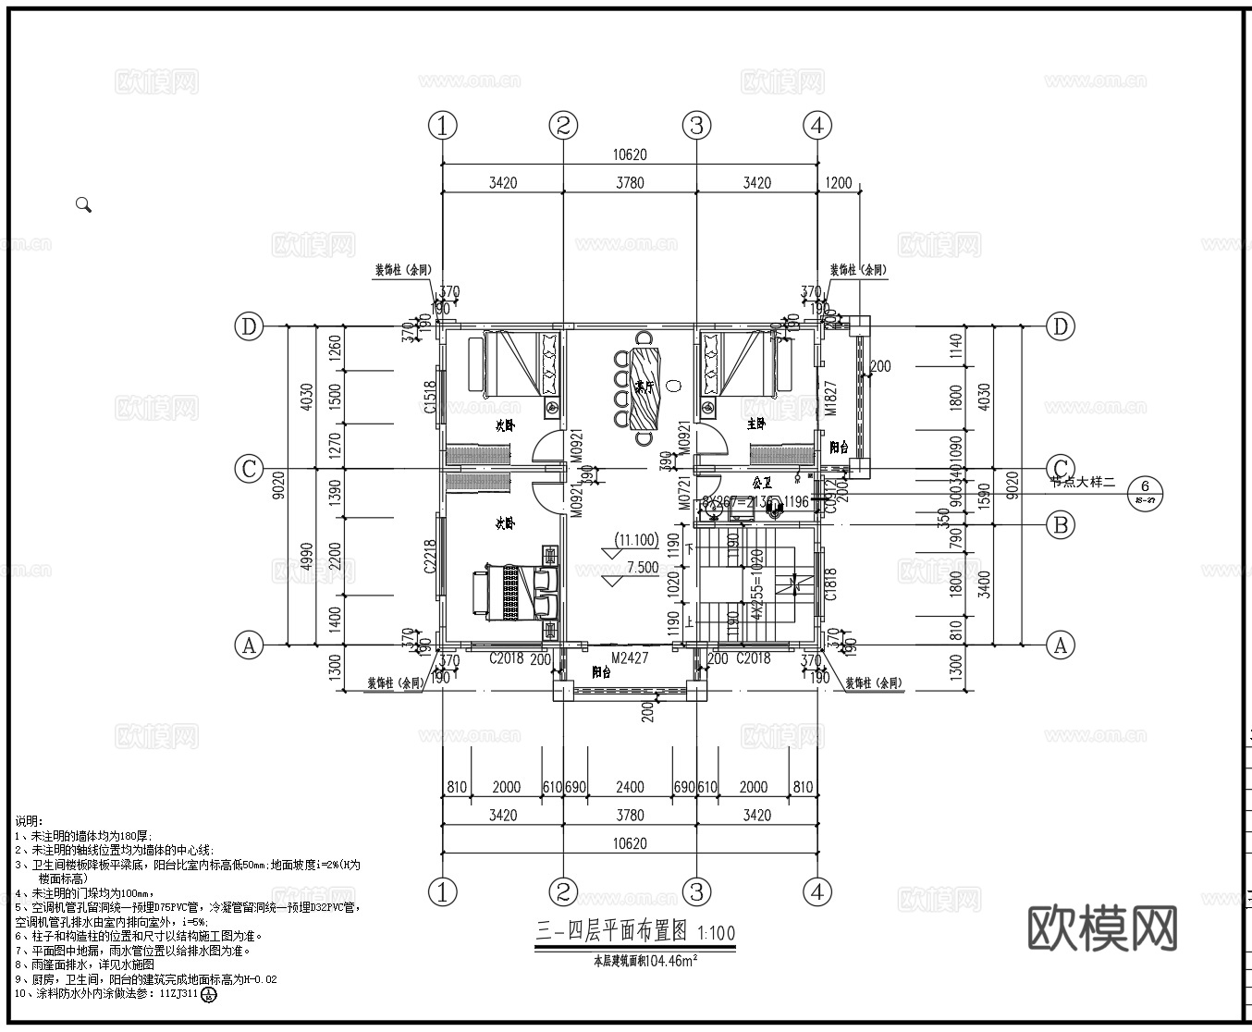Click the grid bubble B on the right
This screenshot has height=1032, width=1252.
click(x=1060, y=525)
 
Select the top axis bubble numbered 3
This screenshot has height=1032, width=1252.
click(x=696, y=125)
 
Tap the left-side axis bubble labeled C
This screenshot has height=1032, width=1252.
click(x=248, y=469)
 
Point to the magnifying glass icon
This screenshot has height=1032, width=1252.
click(x=83, y=205)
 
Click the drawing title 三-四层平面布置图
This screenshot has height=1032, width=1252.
click(x=611, y=932)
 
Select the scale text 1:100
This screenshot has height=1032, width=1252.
click(x=717, y=932)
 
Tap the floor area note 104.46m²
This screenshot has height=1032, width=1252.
click(x=644, y=961)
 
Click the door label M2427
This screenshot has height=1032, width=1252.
click(x=629, y=658)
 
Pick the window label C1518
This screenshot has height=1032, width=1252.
click(x=430, y=398)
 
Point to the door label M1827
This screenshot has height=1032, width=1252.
click(x=830, y=397)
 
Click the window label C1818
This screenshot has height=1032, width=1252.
click(x=830, y=585)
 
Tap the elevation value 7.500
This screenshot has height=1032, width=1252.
click(x=643, y=568)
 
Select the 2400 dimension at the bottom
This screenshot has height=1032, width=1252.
click(x=630, y=787)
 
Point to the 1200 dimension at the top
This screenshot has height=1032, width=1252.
click(x=838, y=182)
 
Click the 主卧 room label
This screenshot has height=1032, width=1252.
click(x=755, y=424)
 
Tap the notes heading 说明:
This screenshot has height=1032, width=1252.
click(x=29, y=820)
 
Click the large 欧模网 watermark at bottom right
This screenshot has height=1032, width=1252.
click(x=1103, y=928)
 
